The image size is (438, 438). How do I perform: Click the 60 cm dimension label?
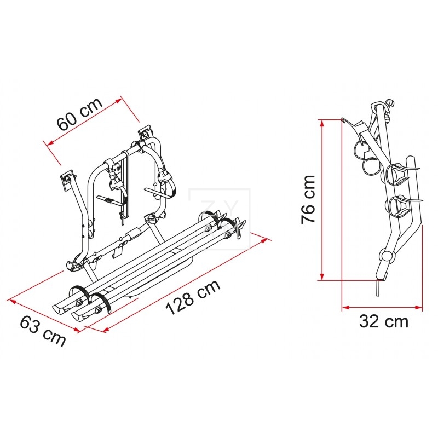click(x=80, y=114)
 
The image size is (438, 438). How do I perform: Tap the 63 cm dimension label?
click(x=43, y=330)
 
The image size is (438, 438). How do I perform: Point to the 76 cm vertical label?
click(x=308, y=199)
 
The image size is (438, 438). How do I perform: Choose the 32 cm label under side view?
click(x=384, y=321)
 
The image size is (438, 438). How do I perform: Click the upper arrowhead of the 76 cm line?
click(x=322, y=123)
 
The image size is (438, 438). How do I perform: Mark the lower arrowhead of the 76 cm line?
click(x=322, y=276)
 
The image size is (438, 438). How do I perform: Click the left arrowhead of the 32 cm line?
click(x=346, y=307)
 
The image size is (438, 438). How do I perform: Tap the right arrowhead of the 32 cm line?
click(x=418, y=307)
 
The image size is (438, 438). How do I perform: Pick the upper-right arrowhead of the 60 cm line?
click(x=118, y=101)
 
